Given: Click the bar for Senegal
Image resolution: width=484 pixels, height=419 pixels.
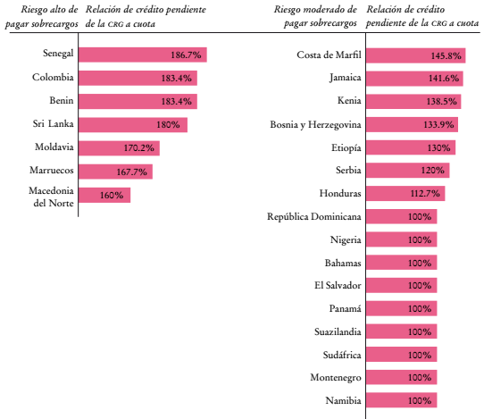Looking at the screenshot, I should tap(142, 54).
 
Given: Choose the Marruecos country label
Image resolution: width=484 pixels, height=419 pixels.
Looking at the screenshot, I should tap(51, 170).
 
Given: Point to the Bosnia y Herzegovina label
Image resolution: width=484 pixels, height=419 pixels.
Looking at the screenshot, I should tap(309, 124).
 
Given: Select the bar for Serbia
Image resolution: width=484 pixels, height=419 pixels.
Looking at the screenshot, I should tap(407, 170).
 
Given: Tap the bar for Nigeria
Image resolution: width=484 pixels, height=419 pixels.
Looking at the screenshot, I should tap(401, 239).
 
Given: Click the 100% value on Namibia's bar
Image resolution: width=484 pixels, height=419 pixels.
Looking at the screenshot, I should tap(420, 401).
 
